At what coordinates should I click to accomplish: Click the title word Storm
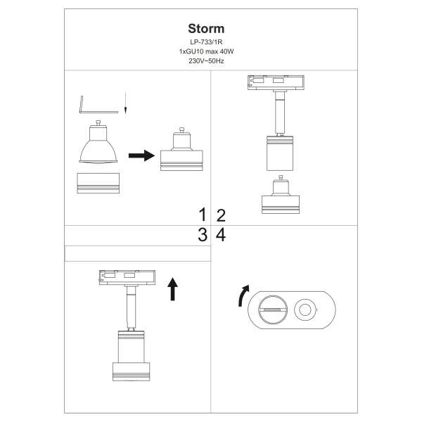(206, 29)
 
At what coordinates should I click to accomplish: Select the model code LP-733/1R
(206, 44)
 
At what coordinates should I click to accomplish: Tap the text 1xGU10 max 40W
(206, 53)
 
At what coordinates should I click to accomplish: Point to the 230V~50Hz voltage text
(206, 62)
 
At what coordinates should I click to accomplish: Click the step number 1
(203, 215)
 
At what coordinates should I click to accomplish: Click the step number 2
(220, 215)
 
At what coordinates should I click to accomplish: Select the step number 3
(203, 235)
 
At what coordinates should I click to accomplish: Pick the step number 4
(220, 235)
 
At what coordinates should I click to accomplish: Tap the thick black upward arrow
(173, 288)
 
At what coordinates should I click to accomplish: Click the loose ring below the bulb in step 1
(98, 183)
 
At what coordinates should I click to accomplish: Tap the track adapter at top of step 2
(276, 84)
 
